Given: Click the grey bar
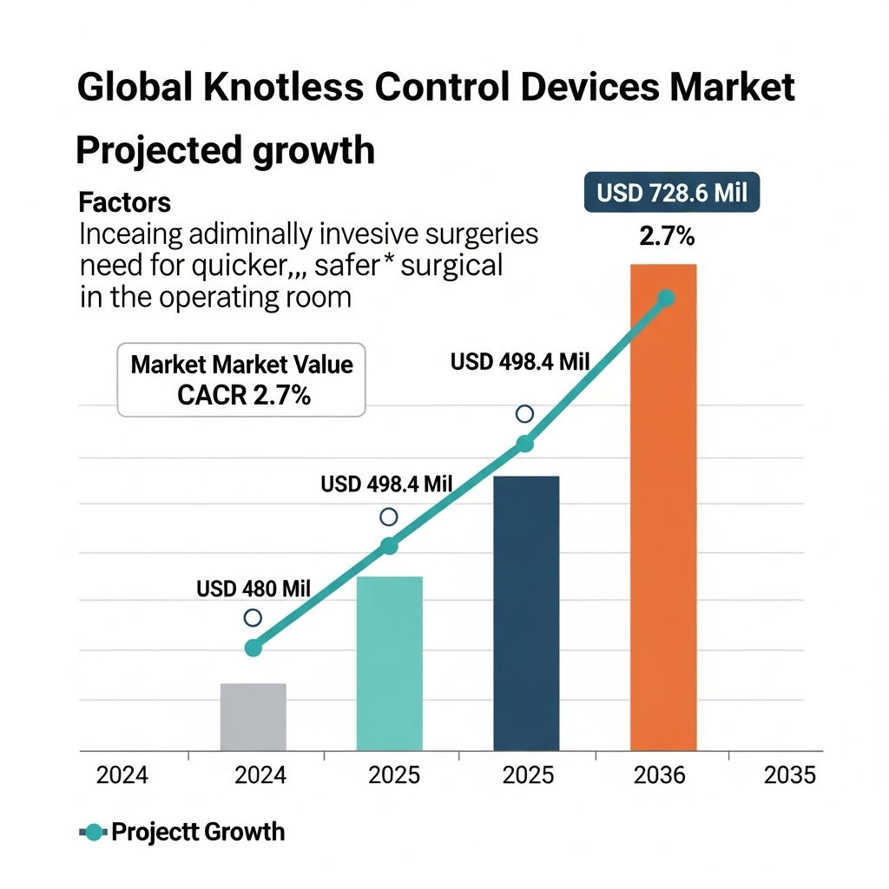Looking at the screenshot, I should point(253,717).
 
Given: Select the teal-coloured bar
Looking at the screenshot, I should point(390,663).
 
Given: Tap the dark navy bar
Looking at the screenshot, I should point(526,613).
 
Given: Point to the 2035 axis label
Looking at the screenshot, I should point(790,775).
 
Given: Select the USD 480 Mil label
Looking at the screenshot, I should point(254,589).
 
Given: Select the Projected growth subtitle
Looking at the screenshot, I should point(226,150).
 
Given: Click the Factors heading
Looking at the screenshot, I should point(125,203).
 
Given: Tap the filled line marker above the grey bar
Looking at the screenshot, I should point(253,648).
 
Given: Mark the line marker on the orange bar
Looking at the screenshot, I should point(666,299).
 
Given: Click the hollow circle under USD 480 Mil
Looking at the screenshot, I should point(253,618).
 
